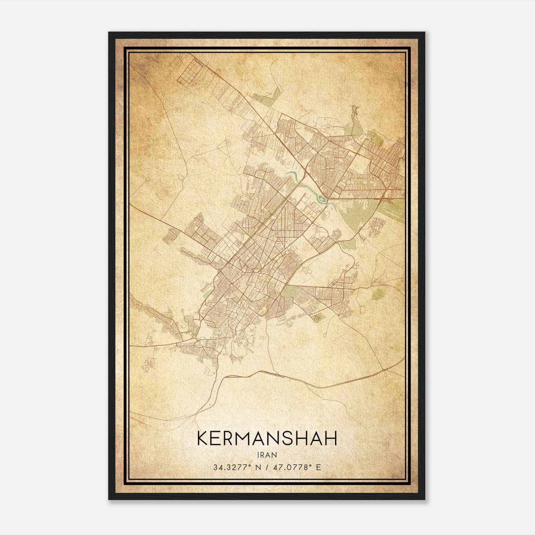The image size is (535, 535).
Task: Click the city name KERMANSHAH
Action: click(x=267, y=439)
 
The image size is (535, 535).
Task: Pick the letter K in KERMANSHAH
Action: click(x=203, y=439)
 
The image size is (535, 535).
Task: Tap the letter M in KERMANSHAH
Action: click(x=248, y=439)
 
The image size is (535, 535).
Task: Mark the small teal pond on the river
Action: click(x=322, y=200)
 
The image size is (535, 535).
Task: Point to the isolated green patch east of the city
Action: click(x=378, y=294)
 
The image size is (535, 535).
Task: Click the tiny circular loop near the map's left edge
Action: click(x=147, y=179)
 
